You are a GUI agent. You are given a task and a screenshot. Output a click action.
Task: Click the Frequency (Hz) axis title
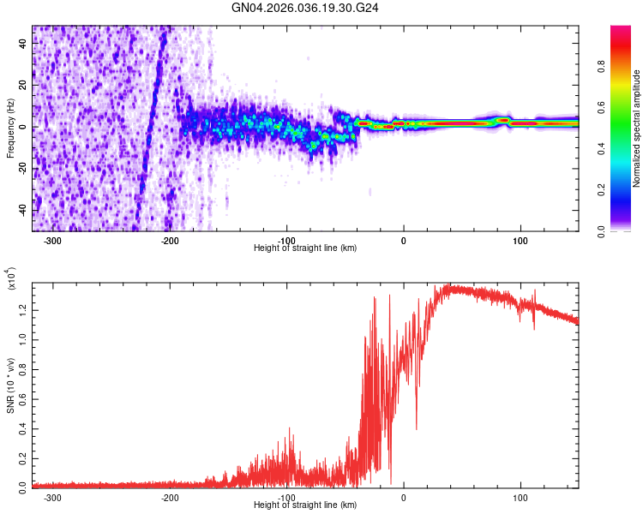click(10, 128)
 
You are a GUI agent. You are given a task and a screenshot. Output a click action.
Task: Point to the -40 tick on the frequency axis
click(22, 210)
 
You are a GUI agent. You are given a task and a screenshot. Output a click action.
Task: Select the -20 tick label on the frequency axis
click(22, 169)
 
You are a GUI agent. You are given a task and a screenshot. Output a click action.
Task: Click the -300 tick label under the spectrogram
click(52, 241)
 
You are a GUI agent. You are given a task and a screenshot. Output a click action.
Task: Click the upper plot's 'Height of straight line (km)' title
click(305, 248)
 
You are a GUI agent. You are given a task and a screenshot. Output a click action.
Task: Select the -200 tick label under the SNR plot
click(169, 498)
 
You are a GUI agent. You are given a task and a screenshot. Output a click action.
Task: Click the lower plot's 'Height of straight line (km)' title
click(305, 505)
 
